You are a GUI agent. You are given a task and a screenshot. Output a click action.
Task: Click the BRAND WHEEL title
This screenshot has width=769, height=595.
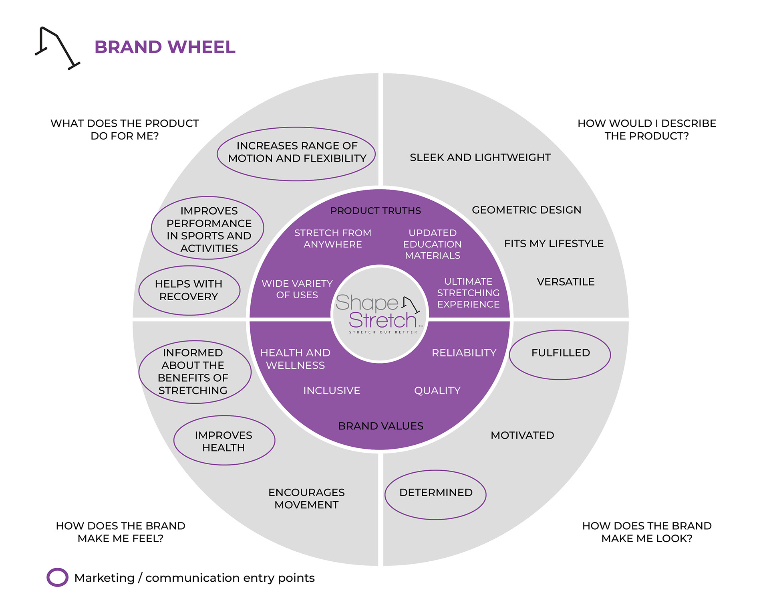pyautogui.click(x=165, y=47)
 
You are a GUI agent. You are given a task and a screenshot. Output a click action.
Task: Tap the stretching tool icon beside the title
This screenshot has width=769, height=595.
pyautogui.click(x=58, y=48)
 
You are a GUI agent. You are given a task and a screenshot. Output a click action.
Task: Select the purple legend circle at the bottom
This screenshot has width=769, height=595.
pyautogui.click(x=57, y=577)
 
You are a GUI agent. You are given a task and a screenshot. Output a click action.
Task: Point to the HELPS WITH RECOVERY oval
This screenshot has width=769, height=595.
pyautogui.click(x=189, y=290)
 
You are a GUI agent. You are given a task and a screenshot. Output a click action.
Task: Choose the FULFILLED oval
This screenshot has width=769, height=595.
pyautogui.click(x=560, y=355)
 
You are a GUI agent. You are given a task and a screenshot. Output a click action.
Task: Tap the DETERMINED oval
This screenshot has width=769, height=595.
pyautogui.click(x=435, y=495)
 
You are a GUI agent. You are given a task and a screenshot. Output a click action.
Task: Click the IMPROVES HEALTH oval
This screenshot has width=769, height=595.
pyautogui.click(x=224, y=440)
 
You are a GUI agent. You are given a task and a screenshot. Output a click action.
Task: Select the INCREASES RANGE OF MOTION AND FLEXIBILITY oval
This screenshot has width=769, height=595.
pyautogui.click(x=296, y=154)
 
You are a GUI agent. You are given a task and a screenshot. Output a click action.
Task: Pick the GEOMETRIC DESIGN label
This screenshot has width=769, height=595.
pyautogui.click(x=526, y=210)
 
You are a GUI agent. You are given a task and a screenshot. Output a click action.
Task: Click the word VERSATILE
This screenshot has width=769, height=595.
pyautogui.click(x=566, y=282)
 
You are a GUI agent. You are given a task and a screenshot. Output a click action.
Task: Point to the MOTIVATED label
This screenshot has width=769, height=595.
pyautogui.click(x=522, y=435)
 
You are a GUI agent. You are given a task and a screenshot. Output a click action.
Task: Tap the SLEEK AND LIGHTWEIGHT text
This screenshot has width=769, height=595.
pyautogui.click(x=480, y=157)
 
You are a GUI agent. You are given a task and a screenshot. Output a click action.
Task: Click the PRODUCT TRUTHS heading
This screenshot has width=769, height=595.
pyautogui.click(x=376, y=210)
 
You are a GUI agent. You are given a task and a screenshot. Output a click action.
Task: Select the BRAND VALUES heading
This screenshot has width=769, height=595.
pyautogui.click(x=380, y=426)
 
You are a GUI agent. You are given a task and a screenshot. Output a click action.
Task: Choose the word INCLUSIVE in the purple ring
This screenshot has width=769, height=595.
pyautogui.click(x=332, y=391)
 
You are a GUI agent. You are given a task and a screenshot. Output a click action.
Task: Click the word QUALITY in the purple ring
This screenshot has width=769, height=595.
pyautogui.click(x=437, y=391)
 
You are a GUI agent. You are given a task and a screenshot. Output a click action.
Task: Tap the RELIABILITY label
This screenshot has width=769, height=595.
pyautogui.click(x=464, y=353)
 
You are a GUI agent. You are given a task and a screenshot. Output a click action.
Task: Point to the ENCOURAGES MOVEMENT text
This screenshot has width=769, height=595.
pyautogui.click(x=306, y=498)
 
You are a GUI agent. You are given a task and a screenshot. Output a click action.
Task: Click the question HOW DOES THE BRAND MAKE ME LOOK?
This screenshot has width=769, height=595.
pyautogui.click(x=647, y=532)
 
